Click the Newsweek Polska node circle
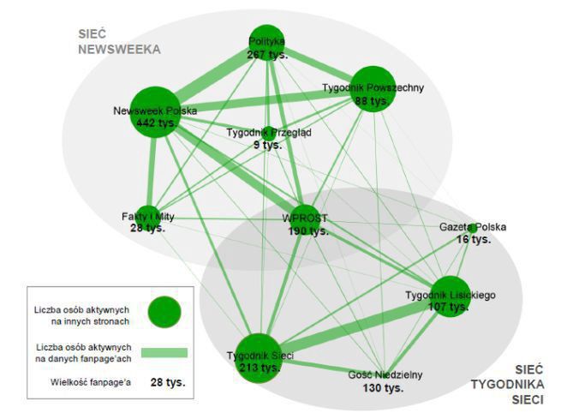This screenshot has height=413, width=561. tap(154, 111)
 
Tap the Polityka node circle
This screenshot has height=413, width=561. tap(266, 43)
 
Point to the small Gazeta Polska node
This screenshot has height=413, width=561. tap(472, 228)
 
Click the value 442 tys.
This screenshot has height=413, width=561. tap(156, 123)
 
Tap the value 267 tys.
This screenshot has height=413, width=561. tap(266, 54)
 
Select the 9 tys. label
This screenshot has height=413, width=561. tap(267, 146)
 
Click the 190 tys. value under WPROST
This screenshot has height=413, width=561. tap(306, 231)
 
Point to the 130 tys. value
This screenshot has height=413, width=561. tap(383, 388)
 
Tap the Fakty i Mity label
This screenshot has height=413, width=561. tap(147, 217)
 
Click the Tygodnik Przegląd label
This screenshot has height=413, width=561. tap(269, 133)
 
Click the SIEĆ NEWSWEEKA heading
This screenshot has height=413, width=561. tap(119, 42)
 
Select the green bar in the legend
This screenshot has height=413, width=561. tap(164, 351)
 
